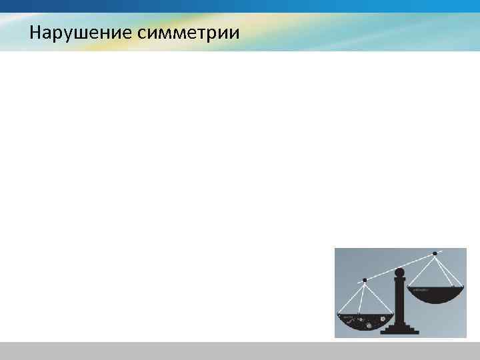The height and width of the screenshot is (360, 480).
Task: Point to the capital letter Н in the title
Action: point(35,32)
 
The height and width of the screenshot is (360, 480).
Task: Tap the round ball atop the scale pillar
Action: point(400,272)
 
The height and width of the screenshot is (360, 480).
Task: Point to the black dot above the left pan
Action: point(364,280)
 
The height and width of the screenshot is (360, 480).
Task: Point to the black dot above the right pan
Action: point(435,253)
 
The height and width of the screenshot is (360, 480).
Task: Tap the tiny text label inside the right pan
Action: point(419,290)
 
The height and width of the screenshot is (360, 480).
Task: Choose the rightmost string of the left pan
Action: point(377,297)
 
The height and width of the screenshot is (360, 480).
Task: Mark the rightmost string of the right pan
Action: point(450,270)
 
